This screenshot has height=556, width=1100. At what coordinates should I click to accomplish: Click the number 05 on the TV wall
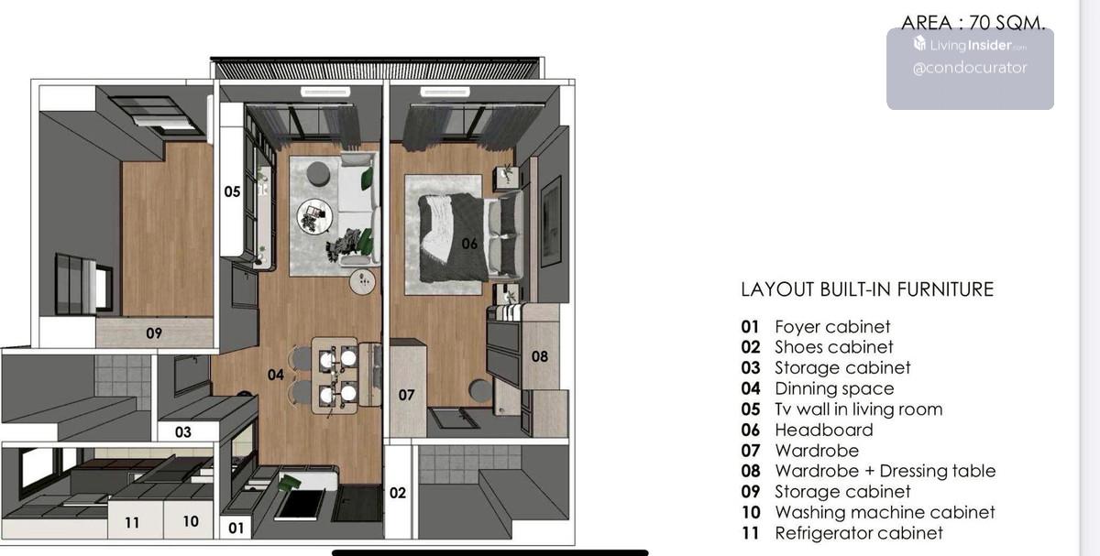point(232,191)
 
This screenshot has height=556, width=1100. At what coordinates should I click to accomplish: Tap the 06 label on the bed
point(469,244)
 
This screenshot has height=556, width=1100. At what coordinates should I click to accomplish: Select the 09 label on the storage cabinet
point(154,333)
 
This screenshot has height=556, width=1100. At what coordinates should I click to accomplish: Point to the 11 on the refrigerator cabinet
point(132,523)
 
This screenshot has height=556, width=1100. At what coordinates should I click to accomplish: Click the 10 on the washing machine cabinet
point(191,521)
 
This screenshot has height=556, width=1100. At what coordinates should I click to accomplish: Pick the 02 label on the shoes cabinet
point(398,493)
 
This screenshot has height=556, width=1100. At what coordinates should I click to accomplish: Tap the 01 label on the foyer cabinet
point(236,528)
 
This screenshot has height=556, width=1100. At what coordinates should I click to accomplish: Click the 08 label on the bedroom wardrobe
point(540,356)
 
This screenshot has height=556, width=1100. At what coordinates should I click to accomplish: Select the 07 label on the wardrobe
point(407,395)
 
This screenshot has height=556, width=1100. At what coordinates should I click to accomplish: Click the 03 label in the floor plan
point(183,431)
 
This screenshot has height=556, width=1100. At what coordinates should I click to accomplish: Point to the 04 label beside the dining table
point(276,375)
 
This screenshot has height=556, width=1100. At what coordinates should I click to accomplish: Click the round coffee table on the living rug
point(314,216)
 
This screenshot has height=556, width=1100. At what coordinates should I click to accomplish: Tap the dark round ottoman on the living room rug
point(318,174)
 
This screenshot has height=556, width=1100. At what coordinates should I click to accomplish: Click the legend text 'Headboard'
point(824,430)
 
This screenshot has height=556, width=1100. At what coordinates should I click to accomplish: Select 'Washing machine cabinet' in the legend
point(885,512)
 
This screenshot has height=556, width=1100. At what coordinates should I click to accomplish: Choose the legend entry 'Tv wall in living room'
point(859,409)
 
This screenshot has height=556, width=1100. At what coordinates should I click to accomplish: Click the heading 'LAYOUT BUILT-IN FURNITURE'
point(867,289)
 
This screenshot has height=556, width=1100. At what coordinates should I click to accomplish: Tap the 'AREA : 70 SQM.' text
point(973,23)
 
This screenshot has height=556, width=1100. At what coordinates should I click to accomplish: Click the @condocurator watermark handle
point(970,68)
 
